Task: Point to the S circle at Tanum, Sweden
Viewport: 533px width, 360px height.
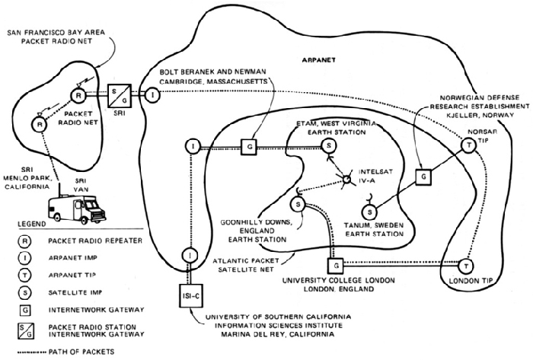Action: coord(369,211)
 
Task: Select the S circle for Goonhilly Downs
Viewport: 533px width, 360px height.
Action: coord(299,204)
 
